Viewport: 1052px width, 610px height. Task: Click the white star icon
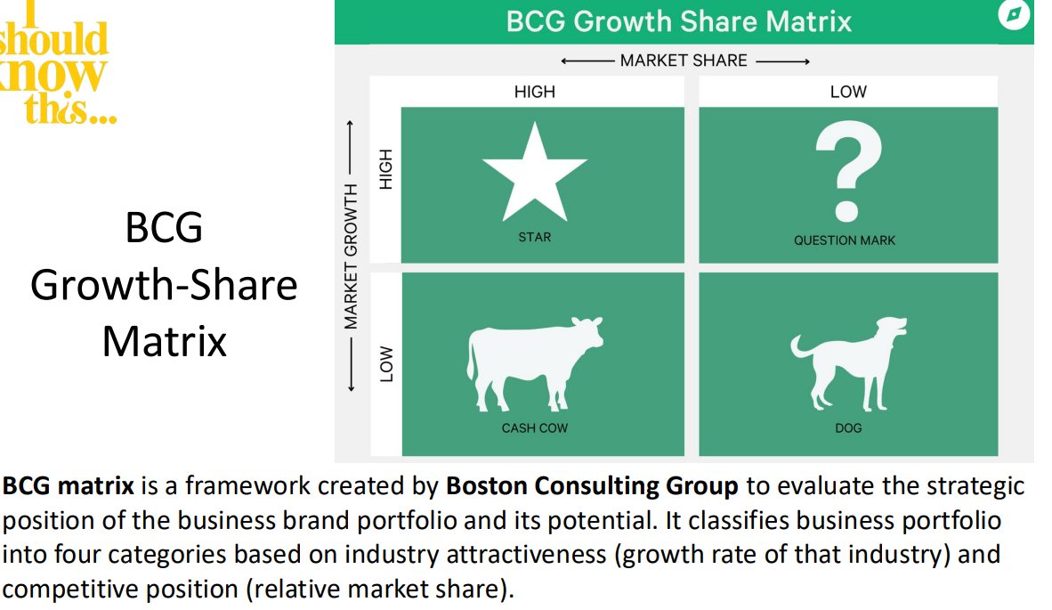pyautogui.click(x=535, y=175)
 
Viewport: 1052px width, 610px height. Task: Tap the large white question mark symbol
pyautogui.click(x=849, y=171)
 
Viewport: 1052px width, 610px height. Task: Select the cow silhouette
pyautogui.click(x=535, y=363)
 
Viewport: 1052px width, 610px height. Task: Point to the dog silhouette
pyautogui.click(x=849, y=363)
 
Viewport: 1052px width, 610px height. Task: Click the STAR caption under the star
pyautogui.click(x=535, y=237)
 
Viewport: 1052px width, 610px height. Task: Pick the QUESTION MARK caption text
pyautogui.click(x=845, y=240)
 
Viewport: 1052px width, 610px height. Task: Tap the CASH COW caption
pyautogui.click(x=535, y=428)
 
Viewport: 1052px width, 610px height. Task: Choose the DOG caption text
pyautogui.click(x=849, y=428)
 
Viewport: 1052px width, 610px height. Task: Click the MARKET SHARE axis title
pyautogui.click(x=684, y=61)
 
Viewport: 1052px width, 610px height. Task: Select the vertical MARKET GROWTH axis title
pyautogui.click(x=351, y=256)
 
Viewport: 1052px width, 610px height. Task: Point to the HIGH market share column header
pyautogui.click(x=535, y=91)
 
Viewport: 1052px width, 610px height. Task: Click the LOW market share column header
pyautogui.click(x=849, y=91)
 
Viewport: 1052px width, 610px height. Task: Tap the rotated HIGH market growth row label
pyautogui.click(x=385, y=169)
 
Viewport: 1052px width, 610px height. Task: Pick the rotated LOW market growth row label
pyautogui.click(x=386, y=363)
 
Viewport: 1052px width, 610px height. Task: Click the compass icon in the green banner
pyautogui.click(x=1014, y=14)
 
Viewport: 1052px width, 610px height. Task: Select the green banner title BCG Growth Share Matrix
pyautogui.click(x=679, y=21)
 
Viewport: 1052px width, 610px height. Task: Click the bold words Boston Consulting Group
pyautogui.click(x=592, y=486)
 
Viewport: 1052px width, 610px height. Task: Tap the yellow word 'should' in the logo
pyautogui.click(x=53, y=39)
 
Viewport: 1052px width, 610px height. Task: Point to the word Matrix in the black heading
pyautogui.click(x=165, y=342)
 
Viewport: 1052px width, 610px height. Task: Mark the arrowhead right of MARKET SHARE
pyautogui.click(x=806, y=61)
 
